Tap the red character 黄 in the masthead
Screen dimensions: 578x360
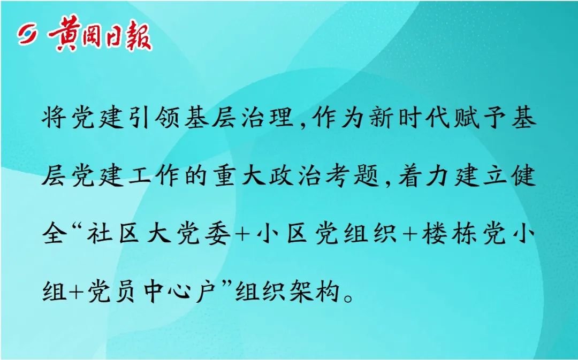point(63,33)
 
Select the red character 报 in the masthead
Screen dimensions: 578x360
point(138,36)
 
